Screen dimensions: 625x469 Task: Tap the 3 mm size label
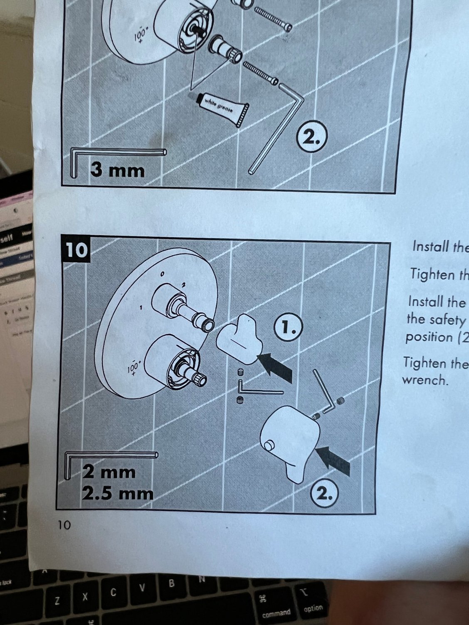[x=118, y=170]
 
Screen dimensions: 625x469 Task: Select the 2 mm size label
[x=109, y=472]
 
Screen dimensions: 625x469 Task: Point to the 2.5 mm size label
[x=118, y=494]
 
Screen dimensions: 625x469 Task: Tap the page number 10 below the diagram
[x=64, y=525]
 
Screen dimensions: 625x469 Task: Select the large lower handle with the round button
[x=291, y=440]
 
